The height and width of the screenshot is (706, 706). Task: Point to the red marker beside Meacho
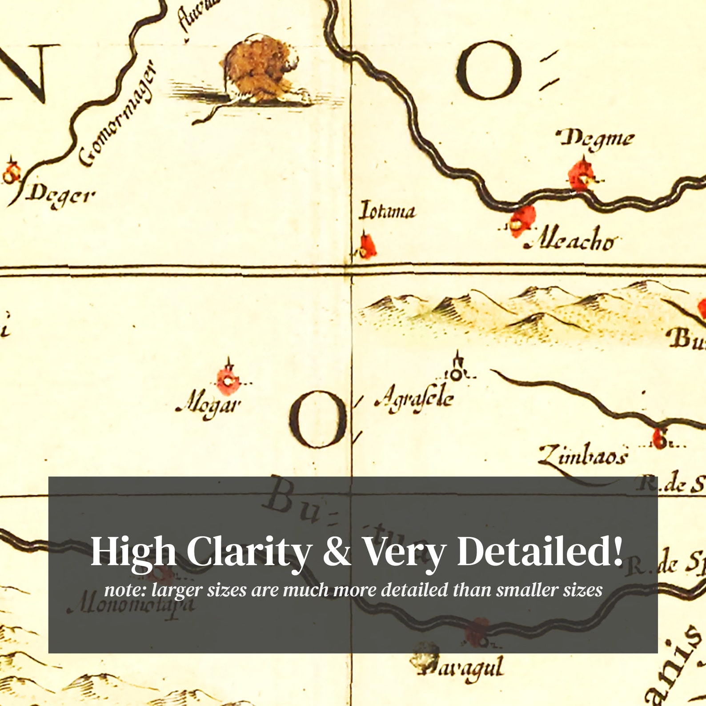pyautogui.click(x=522, y=221)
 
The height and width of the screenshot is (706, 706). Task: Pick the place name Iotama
pyautogui.click(x=387, y=211)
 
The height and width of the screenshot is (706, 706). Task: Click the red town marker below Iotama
pyautogui.click(x=367, y=246)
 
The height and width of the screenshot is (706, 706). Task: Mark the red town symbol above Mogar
pyautogui.click(x=229, y=381)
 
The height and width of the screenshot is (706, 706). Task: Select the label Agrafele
pyautogui.click(x=414, y=397)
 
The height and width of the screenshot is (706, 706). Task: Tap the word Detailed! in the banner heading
pyautogui.click(x=539, y=551)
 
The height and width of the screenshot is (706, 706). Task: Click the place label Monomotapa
pyautogui.click(x=131, y=606)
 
